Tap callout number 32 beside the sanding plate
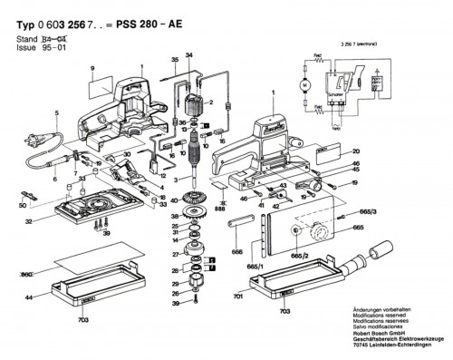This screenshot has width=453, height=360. [x=30, y=220]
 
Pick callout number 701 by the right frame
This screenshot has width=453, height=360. [x=236, y=296]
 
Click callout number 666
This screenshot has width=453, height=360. [x=236, y=253]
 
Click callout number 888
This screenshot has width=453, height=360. [x=220, y=210]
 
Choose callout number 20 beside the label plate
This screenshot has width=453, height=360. [x=355, y=151]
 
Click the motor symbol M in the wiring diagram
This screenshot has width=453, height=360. [x=305, y=85]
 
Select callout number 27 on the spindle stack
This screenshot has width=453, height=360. [x=176, y=257]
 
